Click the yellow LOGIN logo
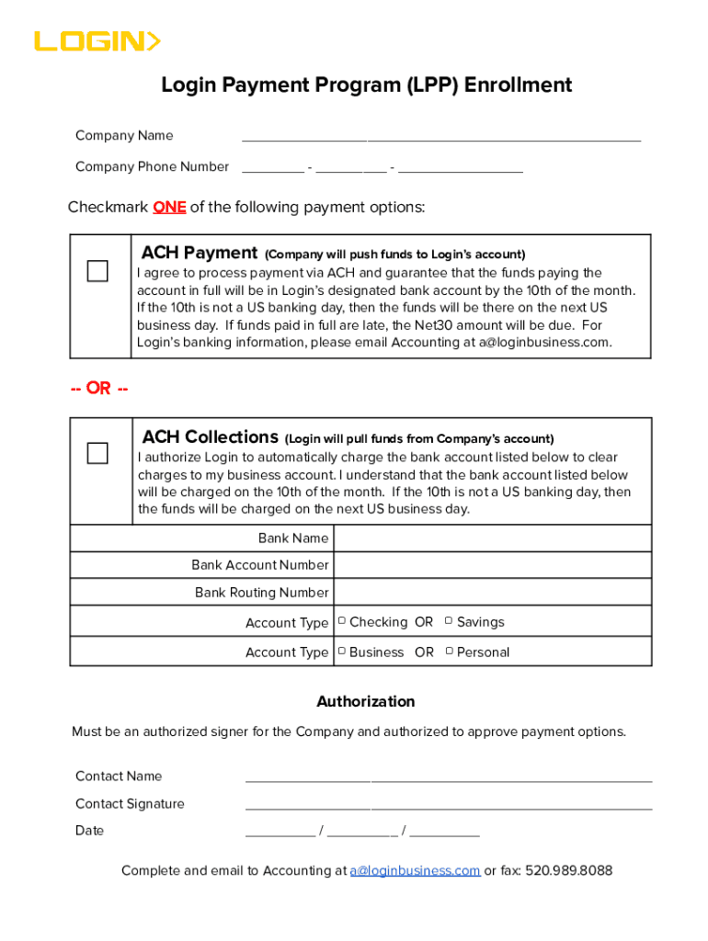97,41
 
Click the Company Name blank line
441,138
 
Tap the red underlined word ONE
169,208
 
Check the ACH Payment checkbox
97,271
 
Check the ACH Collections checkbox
97,453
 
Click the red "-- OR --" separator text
99,389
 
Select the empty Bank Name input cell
492,539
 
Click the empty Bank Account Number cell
492,565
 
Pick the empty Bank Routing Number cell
492,593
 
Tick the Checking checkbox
341,622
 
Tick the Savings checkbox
449,622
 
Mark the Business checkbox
341,652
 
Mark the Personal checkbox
449,652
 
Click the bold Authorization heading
366,702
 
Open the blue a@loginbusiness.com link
415,871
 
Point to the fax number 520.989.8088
568,871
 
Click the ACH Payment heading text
200,253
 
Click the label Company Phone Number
152,167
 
